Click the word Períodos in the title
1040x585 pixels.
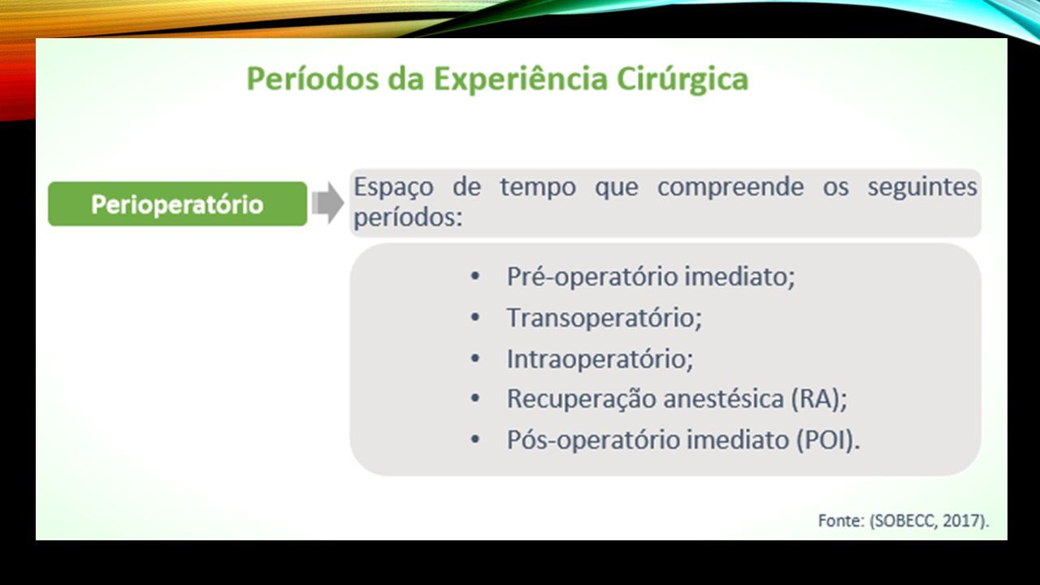click(313, 79)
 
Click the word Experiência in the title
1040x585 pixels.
click(521, 80)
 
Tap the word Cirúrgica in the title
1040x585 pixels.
click(682, 80)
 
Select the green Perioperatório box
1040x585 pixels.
click(177, 204)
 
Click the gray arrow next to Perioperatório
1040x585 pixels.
click(327, 203)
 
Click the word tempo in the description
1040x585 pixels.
click(538, 188)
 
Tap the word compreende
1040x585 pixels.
click(730, 188)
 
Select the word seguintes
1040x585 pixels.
click(922, 188)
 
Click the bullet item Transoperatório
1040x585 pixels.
click(604, 318)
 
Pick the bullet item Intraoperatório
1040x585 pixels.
click(600, 359)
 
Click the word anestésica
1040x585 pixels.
click(724, 399)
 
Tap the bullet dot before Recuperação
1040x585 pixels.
click(475, 398)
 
